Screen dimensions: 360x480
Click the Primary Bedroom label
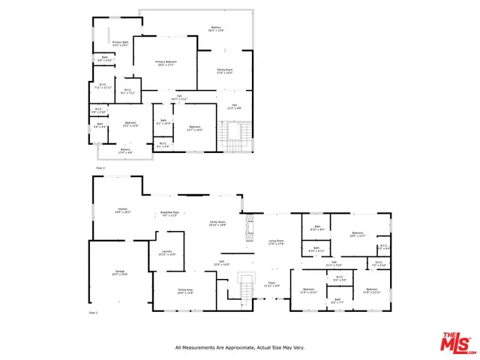pos(166,63)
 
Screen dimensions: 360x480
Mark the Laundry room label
pos(166,253)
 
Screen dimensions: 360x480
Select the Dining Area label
pos(185,291)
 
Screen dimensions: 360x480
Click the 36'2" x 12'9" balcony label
pos(216,29)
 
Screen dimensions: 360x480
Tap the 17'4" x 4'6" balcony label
pos(124,151)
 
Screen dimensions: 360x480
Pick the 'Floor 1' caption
pos(94,312)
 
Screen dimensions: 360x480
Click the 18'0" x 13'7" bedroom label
pos(356,234)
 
